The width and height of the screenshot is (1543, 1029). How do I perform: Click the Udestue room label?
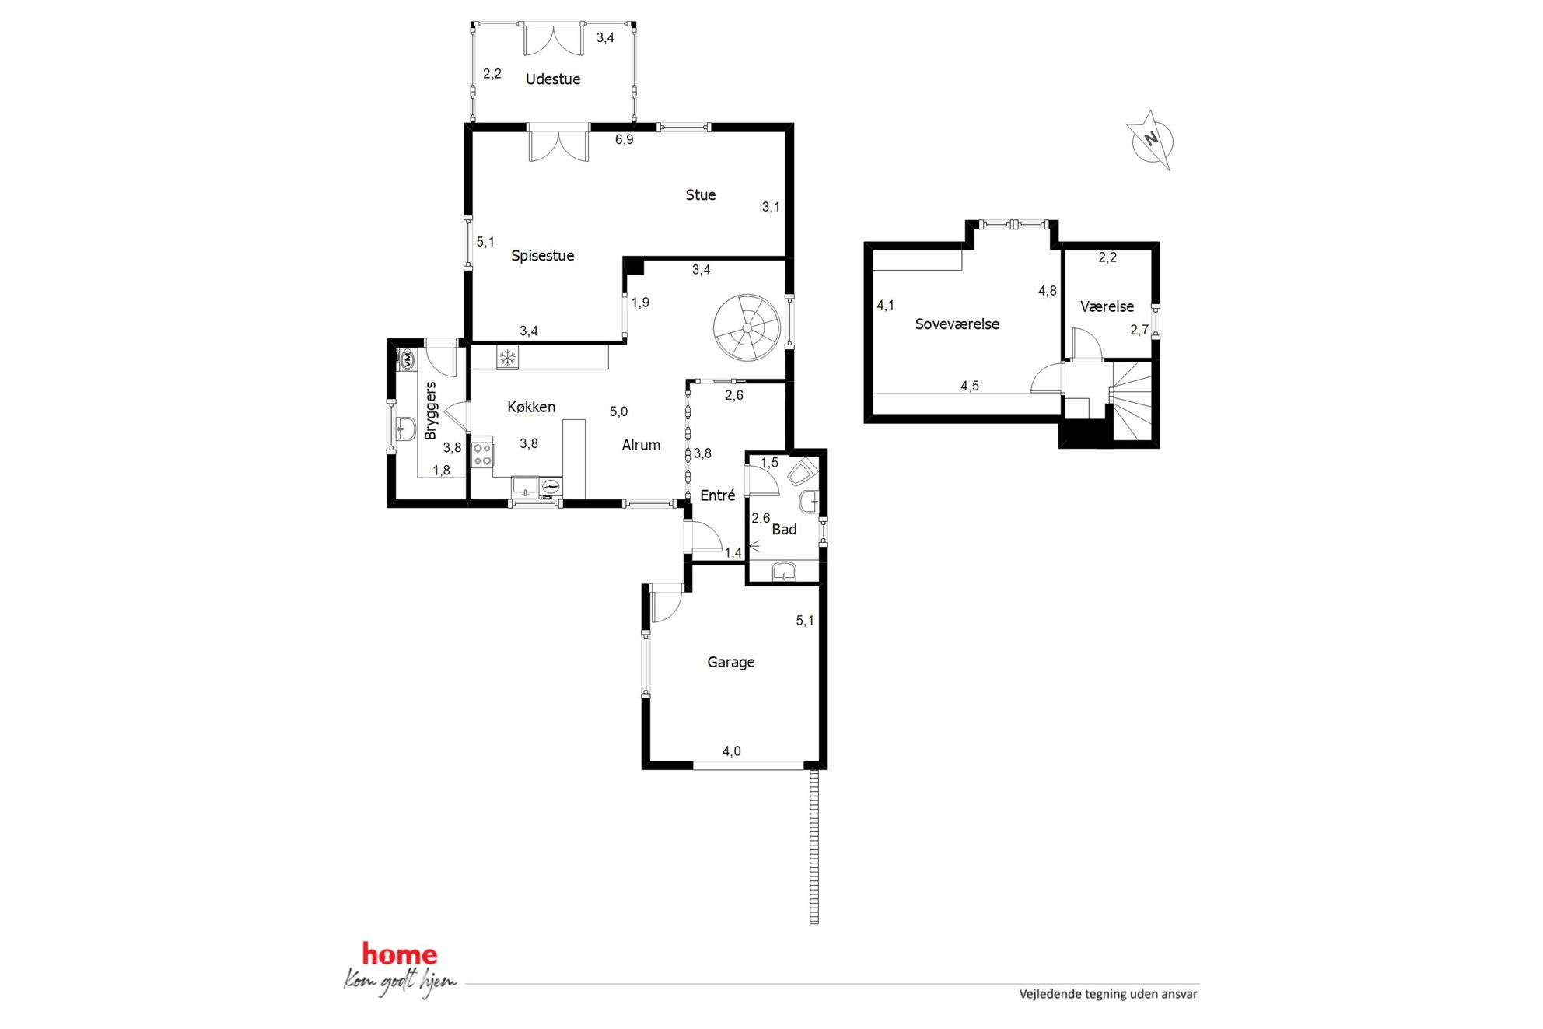coord(552,79)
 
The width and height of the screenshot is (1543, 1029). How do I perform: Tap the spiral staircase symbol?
coord(747,327)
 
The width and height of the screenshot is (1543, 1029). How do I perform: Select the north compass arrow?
coord(1149,140)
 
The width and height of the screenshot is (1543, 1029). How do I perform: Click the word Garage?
coord(730,662)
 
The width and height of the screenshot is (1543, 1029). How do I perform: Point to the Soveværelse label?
coord(957,324)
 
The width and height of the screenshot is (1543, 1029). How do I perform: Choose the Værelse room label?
coord(1107,306)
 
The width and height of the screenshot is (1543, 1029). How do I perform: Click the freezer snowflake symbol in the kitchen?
coord(507,358)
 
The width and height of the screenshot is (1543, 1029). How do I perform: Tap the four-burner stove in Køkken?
coord(482,453)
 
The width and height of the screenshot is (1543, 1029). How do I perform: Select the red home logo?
coord(400,954)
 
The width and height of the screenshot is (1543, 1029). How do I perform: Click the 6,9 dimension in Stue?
coord(624,140)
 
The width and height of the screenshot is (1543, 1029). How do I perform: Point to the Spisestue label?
coord(542,255)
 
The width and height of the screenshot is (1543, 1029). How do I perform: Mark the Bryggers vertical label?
coord(430,411)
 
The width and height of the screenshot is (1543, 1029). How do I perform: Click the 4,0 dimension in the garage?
coord(731,751)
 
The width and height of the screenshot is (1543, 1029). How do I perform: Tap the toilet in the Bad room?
coord(802,472)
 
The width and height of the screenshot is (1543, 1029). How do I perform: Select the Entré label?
coord(717,495)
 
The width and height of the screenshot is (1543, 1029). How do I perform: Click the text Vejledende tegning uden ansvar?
coord(1108,994)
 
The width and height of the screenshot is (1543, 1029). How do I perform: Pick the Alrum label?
coord(641,445)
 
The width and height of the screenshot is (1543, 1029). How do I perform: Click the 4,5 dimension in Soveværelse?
coord(969,386)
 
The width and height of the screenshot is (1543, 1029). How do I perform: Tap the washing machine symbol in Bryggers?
coord(406,359)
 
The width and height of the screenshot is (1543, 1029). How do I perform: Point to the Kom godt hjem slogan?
coord(400,983)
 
